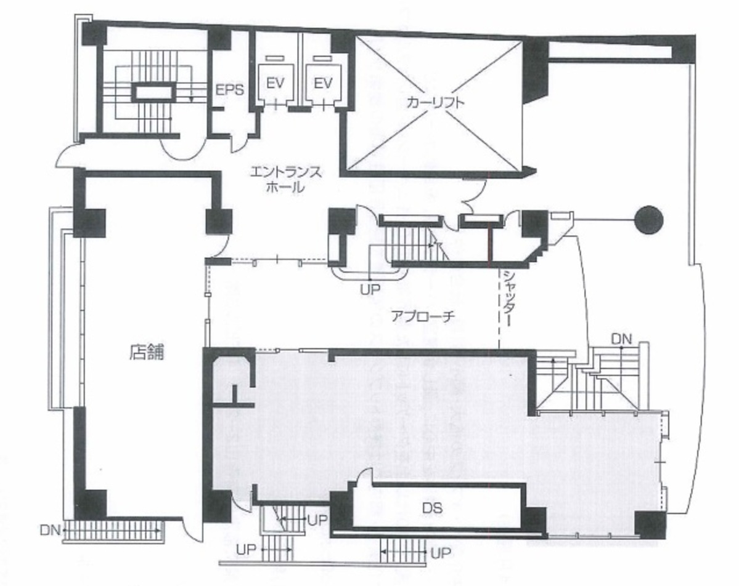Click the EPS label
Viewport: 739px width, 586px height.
pyautogui.click(x=229, y=89)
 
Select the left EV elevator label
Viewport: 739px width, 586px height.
pyautogui.click(x=275, y=82)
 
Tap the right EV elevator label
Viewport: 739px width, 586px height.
pyautogui.click(x=319, y=82)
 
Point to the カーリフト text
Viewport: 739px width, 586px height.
pyautogui.click(x=435, y=103)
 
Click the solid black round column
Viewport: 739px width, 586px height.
pyautogui.click(x=648, y=219)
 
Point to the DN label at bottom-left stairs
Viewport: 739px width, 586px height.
pyautogui.click(x=51, y=529)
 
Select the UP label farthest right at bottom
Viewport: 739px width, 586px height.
pyautogui.click(x=440, y=553)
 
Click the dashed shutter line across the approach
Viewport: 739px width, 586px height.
pyautogui.click(x=498, y=308)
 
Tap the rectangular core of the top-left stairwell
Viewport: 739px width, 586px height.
pyautogui.click(x=151, y=93)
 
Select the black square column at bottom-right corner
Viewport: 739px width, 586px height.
pyautogui.click(x=651, y=526)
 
